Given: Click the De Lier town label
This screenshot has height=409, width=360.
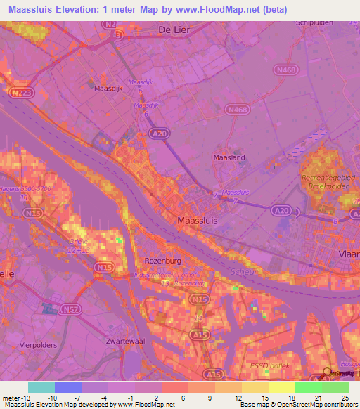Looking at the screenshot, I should coord(175,30).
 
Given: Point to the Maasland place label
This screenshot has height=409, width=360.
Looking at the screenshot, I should coord(229,158).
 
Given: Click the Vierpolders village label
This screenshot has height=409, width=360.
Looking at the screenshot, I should coord(39,346).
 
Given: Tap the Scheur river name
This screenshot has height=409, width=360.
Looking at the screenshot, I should coord(243,271).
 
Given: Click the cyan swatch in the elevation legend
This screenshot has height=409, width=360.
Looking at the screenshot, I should coord(41,387).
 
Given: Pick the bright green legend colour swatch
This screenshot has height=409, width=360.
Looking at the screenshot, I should coord(309,387).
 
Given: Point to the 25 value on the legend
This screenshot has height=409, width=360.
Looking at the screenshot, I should coord(344,397).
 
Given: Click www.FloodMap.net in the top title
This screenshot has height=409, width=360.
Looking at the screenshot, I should coord(240,10).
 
